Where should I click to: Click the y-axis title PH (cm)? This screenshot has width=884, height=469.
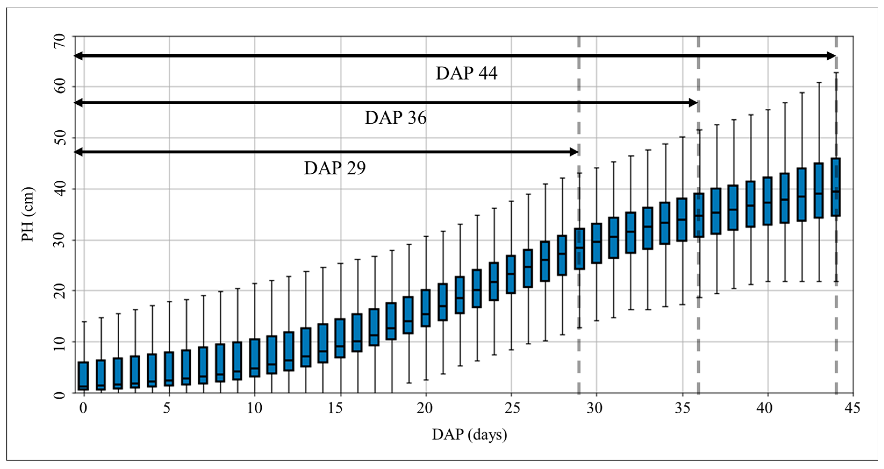click(x=28, y=215)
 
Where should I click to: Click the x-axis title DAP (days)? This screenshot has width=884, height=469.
click(x=469, y=435)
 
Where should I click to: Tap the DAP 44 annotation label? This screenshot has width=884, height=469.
click(x=466, y=73)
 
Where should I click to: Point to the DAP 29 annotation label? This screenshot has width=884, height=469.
click(x=335, y=169)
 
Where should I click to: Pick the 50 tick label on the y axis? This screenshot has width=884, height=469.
click(x=59, y=138)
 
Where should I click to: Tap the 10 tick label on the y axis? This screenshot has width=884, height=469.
click(x=59, y=342)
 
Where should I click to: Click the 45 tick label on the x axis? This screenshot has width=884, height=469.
click(x=852, y=408)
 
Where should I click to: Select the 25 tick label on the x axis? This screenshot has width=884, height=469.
click(x=511, y=408)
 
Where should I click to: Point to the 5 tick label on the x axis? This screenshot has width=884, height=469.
click(x=167, y=408)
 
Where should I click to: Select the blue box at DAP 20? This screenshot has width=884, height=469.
click(x=426, y=308)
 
